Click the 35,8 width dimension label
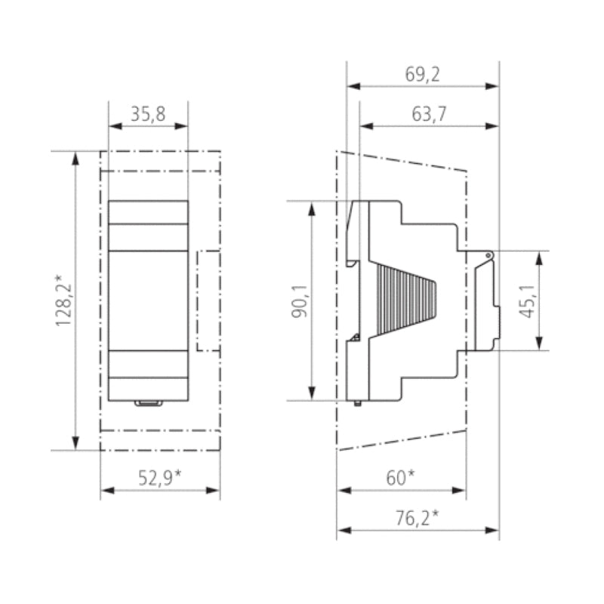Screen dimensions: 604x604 148,114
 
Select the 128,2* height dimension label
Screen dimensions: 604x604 63,300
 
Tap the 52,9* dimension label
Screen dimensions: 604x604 159,478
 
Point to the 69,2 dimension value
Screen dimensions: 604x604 422,74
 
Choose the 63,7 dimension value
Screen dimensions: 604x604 429,114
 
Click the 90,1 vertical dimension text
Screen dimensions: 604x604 300,300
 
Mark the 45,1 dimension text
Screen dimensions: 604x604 527,300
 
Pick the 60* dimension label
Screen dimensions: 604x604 401,478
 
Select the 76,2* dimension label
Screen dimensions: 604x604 418,518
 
